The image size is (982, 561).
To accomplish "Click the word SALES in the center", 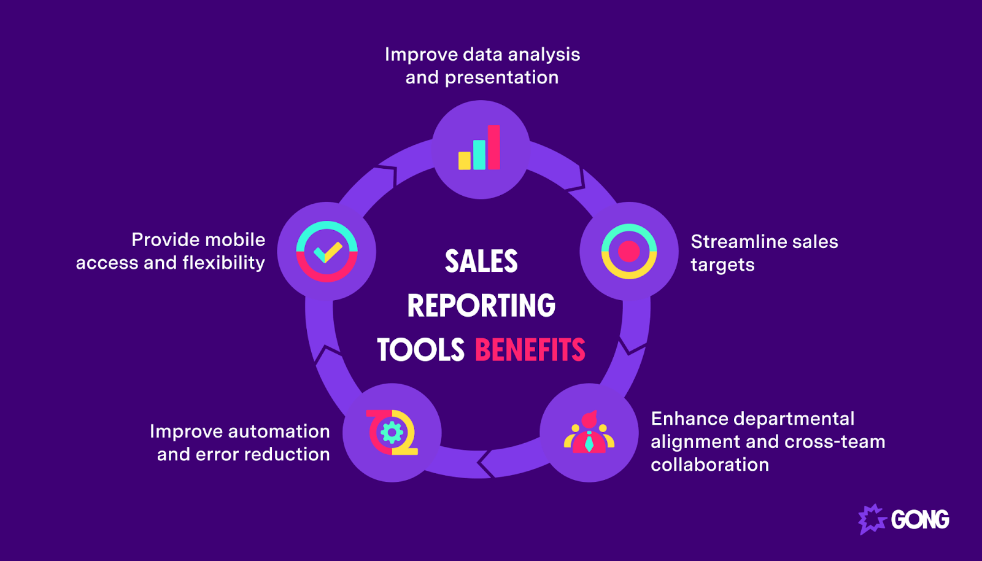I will pyautogui.click(x=481, y=261).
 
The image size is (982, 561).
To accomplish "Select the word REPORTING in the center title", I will pyautogui.click(x=481, y=306).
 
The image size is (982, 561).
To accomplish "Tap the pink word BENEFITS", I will pyautogui.click(x=530, y=350).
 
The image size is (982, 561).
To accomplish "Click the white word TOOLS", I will pyautogui.click(x=420, y=350).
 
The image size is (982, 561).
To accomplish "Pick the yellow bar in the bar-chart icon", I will pyautogui.click(x=465, y=161).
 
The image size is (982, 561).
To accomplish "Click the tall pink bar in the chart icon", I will pyautogui.click(x=494, y=147).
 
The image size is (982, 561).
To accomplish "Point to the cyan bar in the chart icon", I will pyautogui.click(x=479, y=155).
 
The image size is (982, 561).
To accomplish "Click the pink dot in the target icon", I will pyautogui.click(x=629, y=251).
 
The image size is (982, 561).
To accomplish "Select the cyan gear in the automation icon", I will pyautogui.click(x=392, y=433).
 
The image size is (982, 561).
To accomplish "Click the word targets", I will pyautogui.click(x=722, y=265).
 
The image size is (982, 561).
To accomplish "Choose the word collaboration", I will pyautogui.click(x=709, y=465).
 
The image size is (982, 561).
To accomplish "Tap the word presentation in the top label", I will pyautogui.click(x=501, y=78).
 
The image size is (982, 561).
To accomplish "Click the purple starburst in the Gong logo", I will pyautogui.click(x=872, y=519).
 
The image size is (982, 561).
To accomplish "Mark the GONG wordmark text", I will pyautogui.click(x=920, y=520).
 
